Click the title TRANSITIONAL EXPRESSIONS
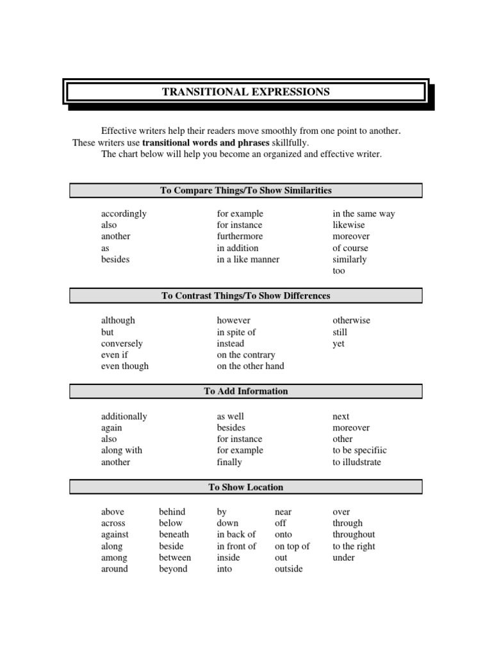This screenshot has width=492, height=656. pyautogui.click(x=246, y=92)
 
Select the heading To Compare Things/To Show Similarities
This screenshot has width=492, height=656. pyautogui.click(x=246, y=190)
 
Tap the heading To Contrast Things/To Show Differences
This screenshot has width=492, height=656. pyautogui.click(x=246, y=296)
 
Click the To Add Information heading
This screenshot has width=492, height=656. pyautogui.click(x=246, y=391)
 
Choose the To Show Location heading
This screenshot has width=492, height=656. pyautogui.click(x=246, y=488)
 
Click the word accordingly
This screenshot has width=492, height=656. pyautogui.click(x=124, y=214)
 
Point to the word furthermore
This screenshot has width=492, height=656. pyautogui.click(x=240, y=236)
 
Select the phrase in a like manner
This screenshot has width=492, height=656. pyautogui.click(x=248, y=259)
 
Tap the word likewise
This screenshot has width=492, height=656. pyautogui.click(x=348, y=225)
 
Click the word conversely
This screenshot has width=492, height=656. pyautogui.click(x=122, y=343)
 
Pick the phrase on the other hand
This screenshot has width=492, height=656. pyautogui.click(x=250, y=366)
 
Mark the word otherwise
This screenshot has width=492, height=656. pyautogui.click(x=351, y=320)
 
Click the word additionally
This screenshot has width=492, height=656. pyautogui.click(x=124, y=416)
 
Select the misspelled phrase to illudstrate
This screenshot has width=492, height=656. pyautogui.click(x=356, y=462)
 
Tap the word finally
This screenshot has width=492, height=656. pyautogui.click(x=229, y=462)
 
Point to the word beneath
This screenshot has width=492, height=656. pyautogui.click(x=174, y=534)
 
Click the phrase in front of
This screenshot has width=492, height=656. pyautogui.click(x=236, y=546)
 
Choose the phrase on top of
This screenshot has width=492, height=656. pyautogui.click(x=292, y=546)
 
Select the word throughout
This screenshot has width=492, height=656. pyautogui.click(x=354, y=534)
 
